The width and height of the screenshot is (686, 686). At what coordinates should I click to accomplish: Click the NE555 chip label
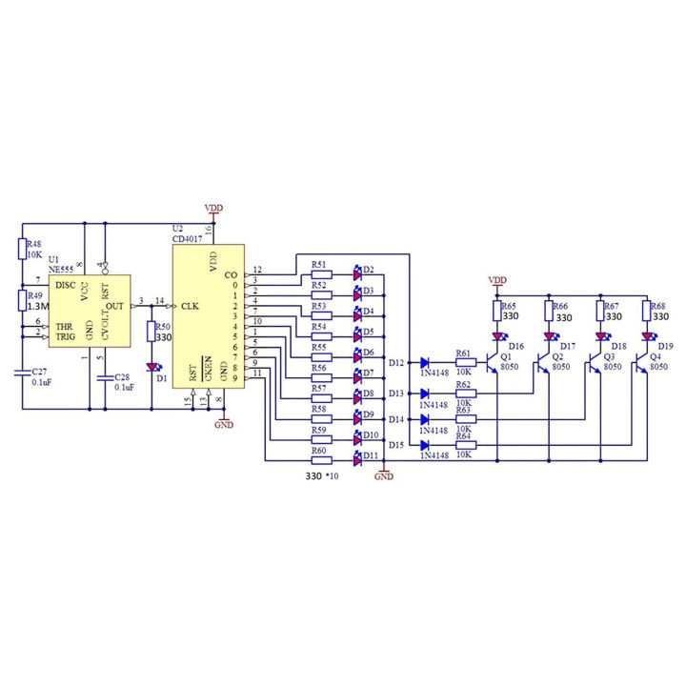coord(63,268)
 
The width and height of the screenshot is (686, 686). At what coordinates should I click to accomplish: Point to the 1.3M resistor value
coord(38,308)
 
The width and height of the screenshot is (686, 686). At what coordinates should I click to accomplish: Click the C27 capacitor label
coord(39,372)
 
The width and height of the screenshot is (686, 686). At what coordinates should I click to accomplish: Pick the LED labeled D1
coord(152,366)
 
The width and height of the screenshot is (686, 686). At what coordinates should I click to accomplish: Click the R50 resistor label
coord(163,325)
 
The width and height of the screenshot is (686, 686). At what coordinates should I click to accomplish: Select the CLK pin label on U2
coord(190,305)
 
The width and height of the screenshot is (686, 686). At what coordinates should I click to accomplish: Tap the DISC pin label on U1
coord(65,283)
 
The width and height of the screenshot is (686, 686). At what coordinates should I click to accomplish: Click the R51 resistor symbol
coord(321,275)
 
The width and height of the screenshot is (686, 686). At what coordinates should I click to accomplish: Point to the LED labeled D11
coord(358,458)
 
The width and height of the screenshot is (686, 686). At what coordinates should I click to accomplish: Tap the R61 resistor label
coord(464,353)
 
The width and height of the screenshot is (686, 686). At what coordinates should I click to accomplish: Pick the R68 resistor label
coord(656,306)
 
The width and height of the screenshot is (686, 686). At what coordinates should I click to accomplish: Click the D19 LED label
coord(665,346)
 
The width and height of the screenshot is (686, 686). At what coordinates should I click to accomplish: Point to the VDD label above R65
coord(496,279)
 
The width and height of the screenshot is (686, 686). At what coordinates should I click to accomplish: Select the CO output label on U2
coord(231,275)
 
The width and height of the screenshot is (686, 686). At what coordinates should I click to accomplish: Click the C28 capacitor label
coord(123,378)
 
